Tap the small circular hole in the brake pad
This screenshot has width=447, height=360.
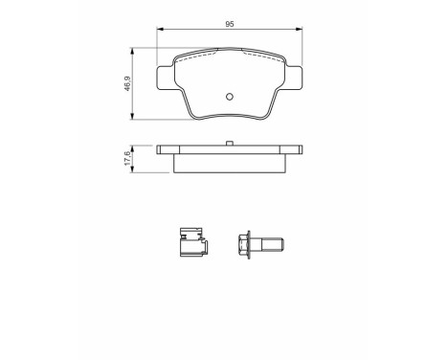(231, 96)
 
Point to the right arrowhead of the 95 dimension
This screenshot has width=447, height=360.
(302, 32)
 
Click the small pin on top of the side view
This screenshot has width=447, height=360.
(231, 145)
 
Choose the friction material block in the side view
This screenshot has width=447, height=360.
(231, 163)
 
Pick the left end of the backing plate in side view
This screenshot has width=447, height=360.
(162, 151)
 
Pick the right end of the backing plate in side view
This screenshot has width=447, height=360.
(300, 151)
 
